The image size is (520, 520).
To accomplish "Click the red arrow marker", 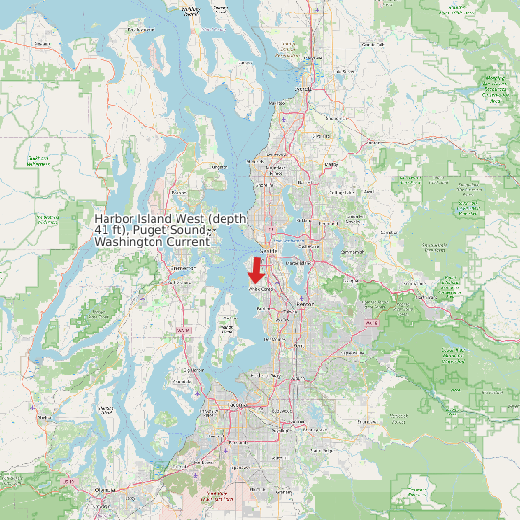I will (x=256, y=269).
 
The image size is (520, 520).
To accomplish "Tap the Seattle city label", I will (x=269, y=251).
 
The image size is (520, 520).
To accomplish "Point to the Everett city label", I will (x=303, y=89).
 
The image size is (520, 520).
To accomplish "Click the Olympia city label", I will (x=104, y=490).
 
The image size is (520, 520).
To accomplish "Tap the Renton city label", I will (x=305, y=304).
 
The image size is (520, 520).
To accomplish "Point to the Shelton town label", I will (x=42, y=418).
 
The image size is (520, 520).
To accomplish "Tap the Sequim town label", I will (x=39, y=44).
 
